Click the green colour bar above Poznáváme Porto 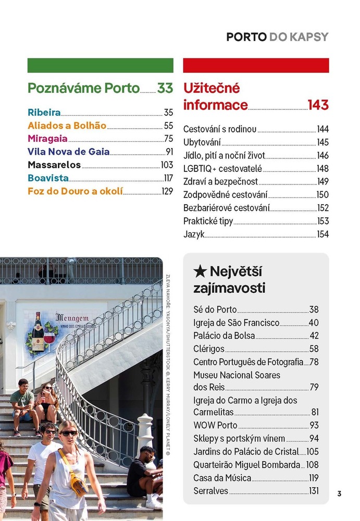click(100, 65)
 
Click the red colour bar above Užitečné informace click(256, 65)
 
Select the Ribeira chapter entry click(44, 112)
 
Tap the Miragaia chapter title click(47, 139)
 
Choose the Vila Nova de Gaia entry click(68, 152)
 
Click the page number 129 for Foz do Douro click(167, 192)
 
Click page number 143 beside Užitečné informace click(318, 105)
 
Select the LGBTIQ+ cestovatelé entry click(222, 168)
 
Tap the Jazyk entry click(194, 234)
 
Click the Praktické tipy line click(208, 221)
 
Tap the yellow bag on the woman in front click(78, 483)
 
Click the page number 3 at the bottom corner click(339, 494)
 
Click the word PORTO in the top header click(246, 37)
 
